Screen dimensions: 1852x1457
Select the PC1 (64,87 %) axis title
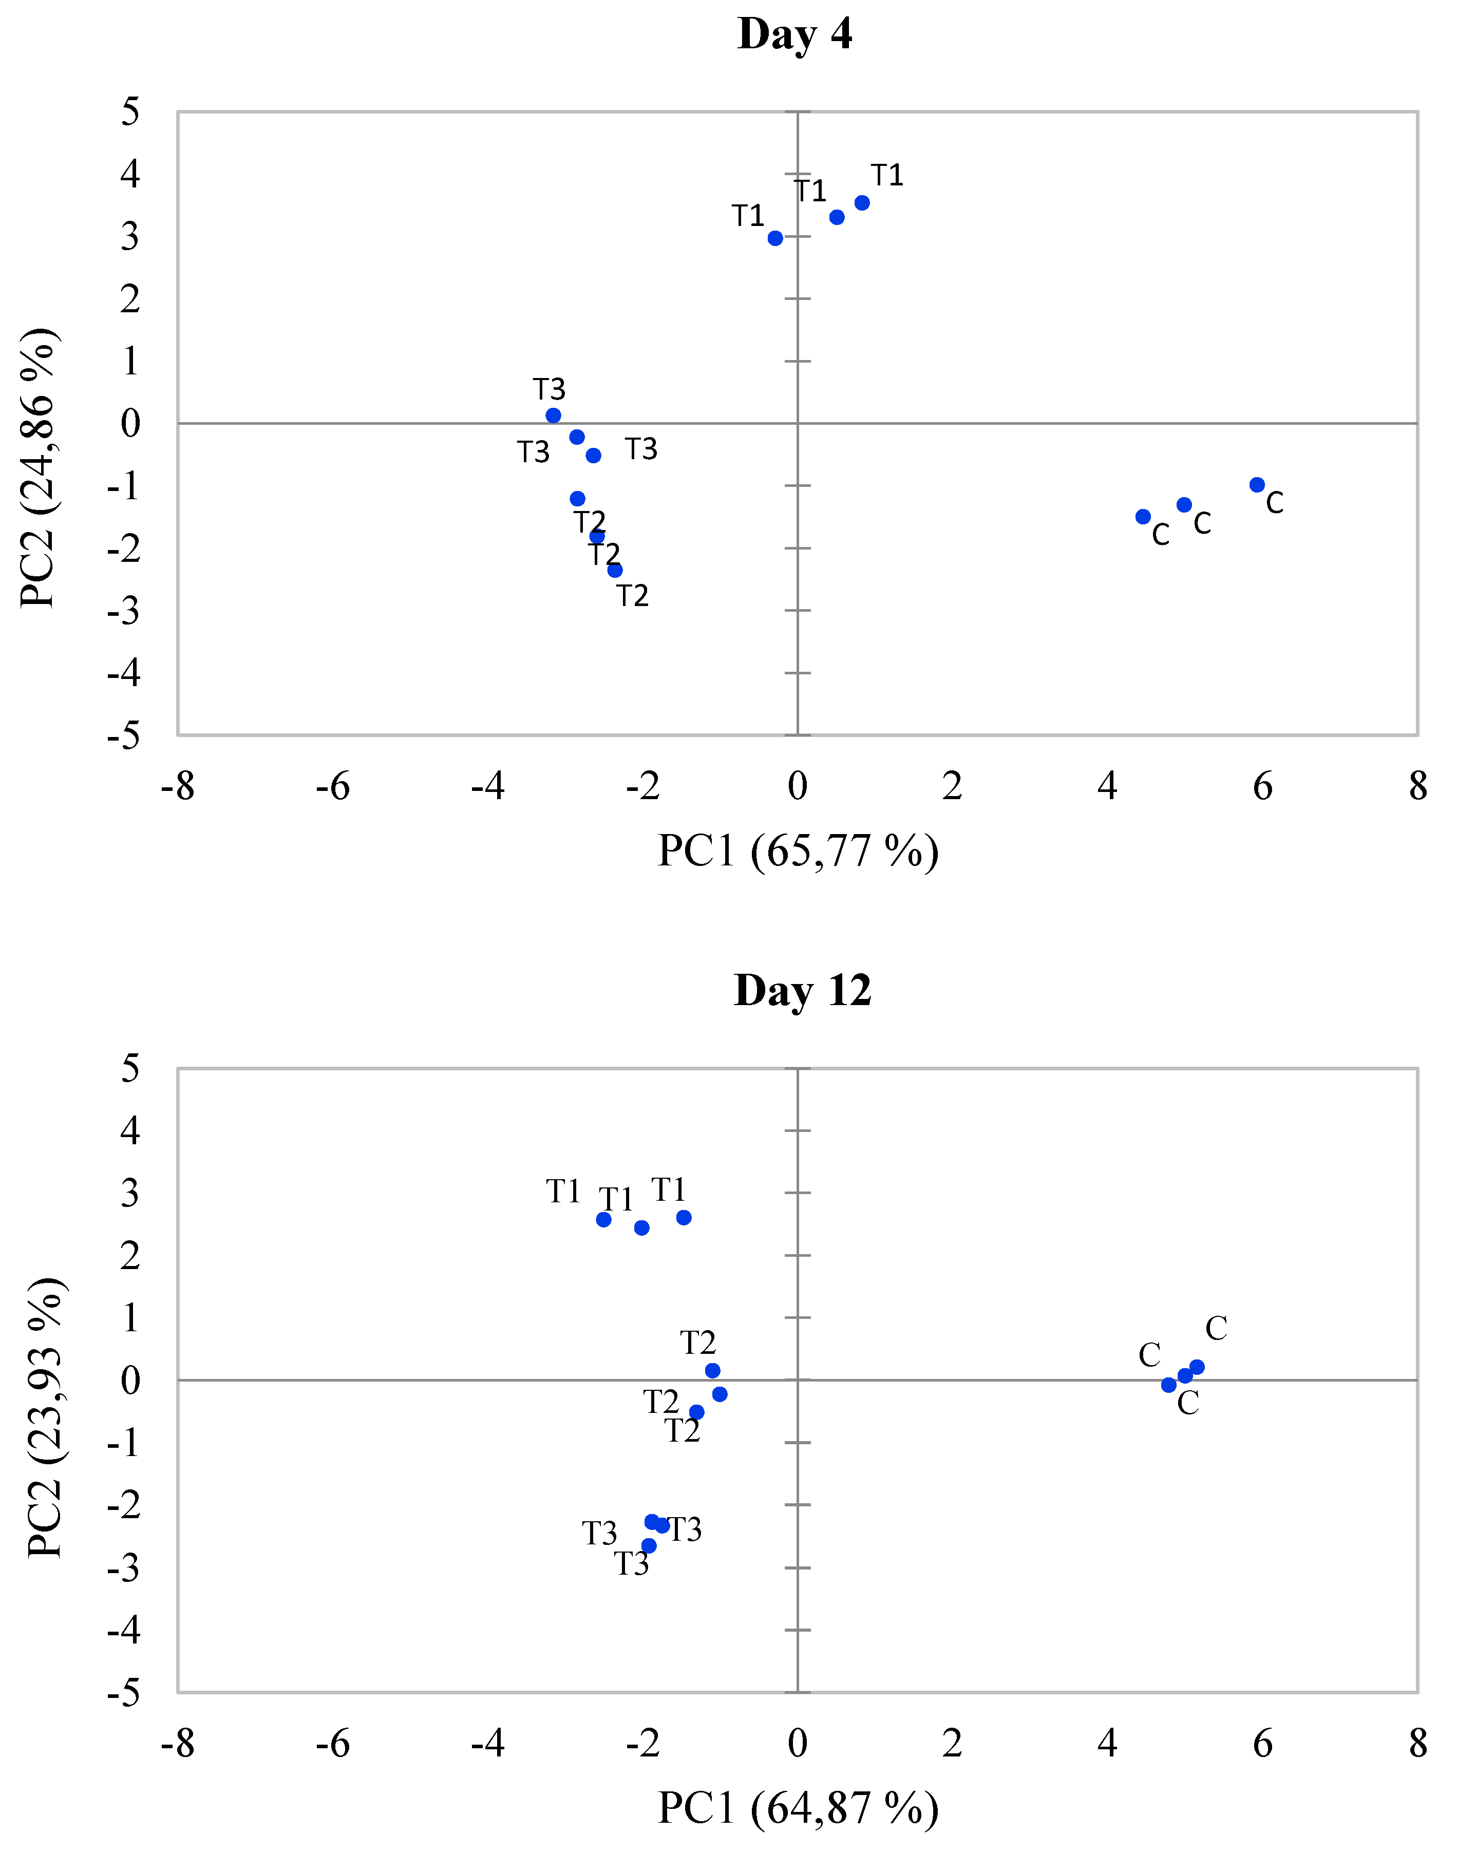tap(798, 1808)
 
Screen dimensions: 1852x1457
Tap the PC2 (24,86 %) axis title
tap(39, 467)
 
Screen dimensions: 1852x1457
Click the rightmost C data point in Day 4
tap(1257, 484)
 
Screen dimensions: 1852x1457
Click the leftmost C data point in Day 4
tap(1143, 516)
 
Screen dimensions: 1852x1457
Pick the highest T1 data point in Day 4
tap(862, 203)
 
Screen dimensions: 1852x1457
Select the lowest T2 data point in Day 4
tap(615, 570)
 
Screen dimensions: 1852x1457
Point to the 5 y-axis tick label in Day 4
tap(129, 112)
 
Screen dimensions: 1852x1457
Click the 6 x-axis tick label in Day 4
tap(1262, 786)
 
